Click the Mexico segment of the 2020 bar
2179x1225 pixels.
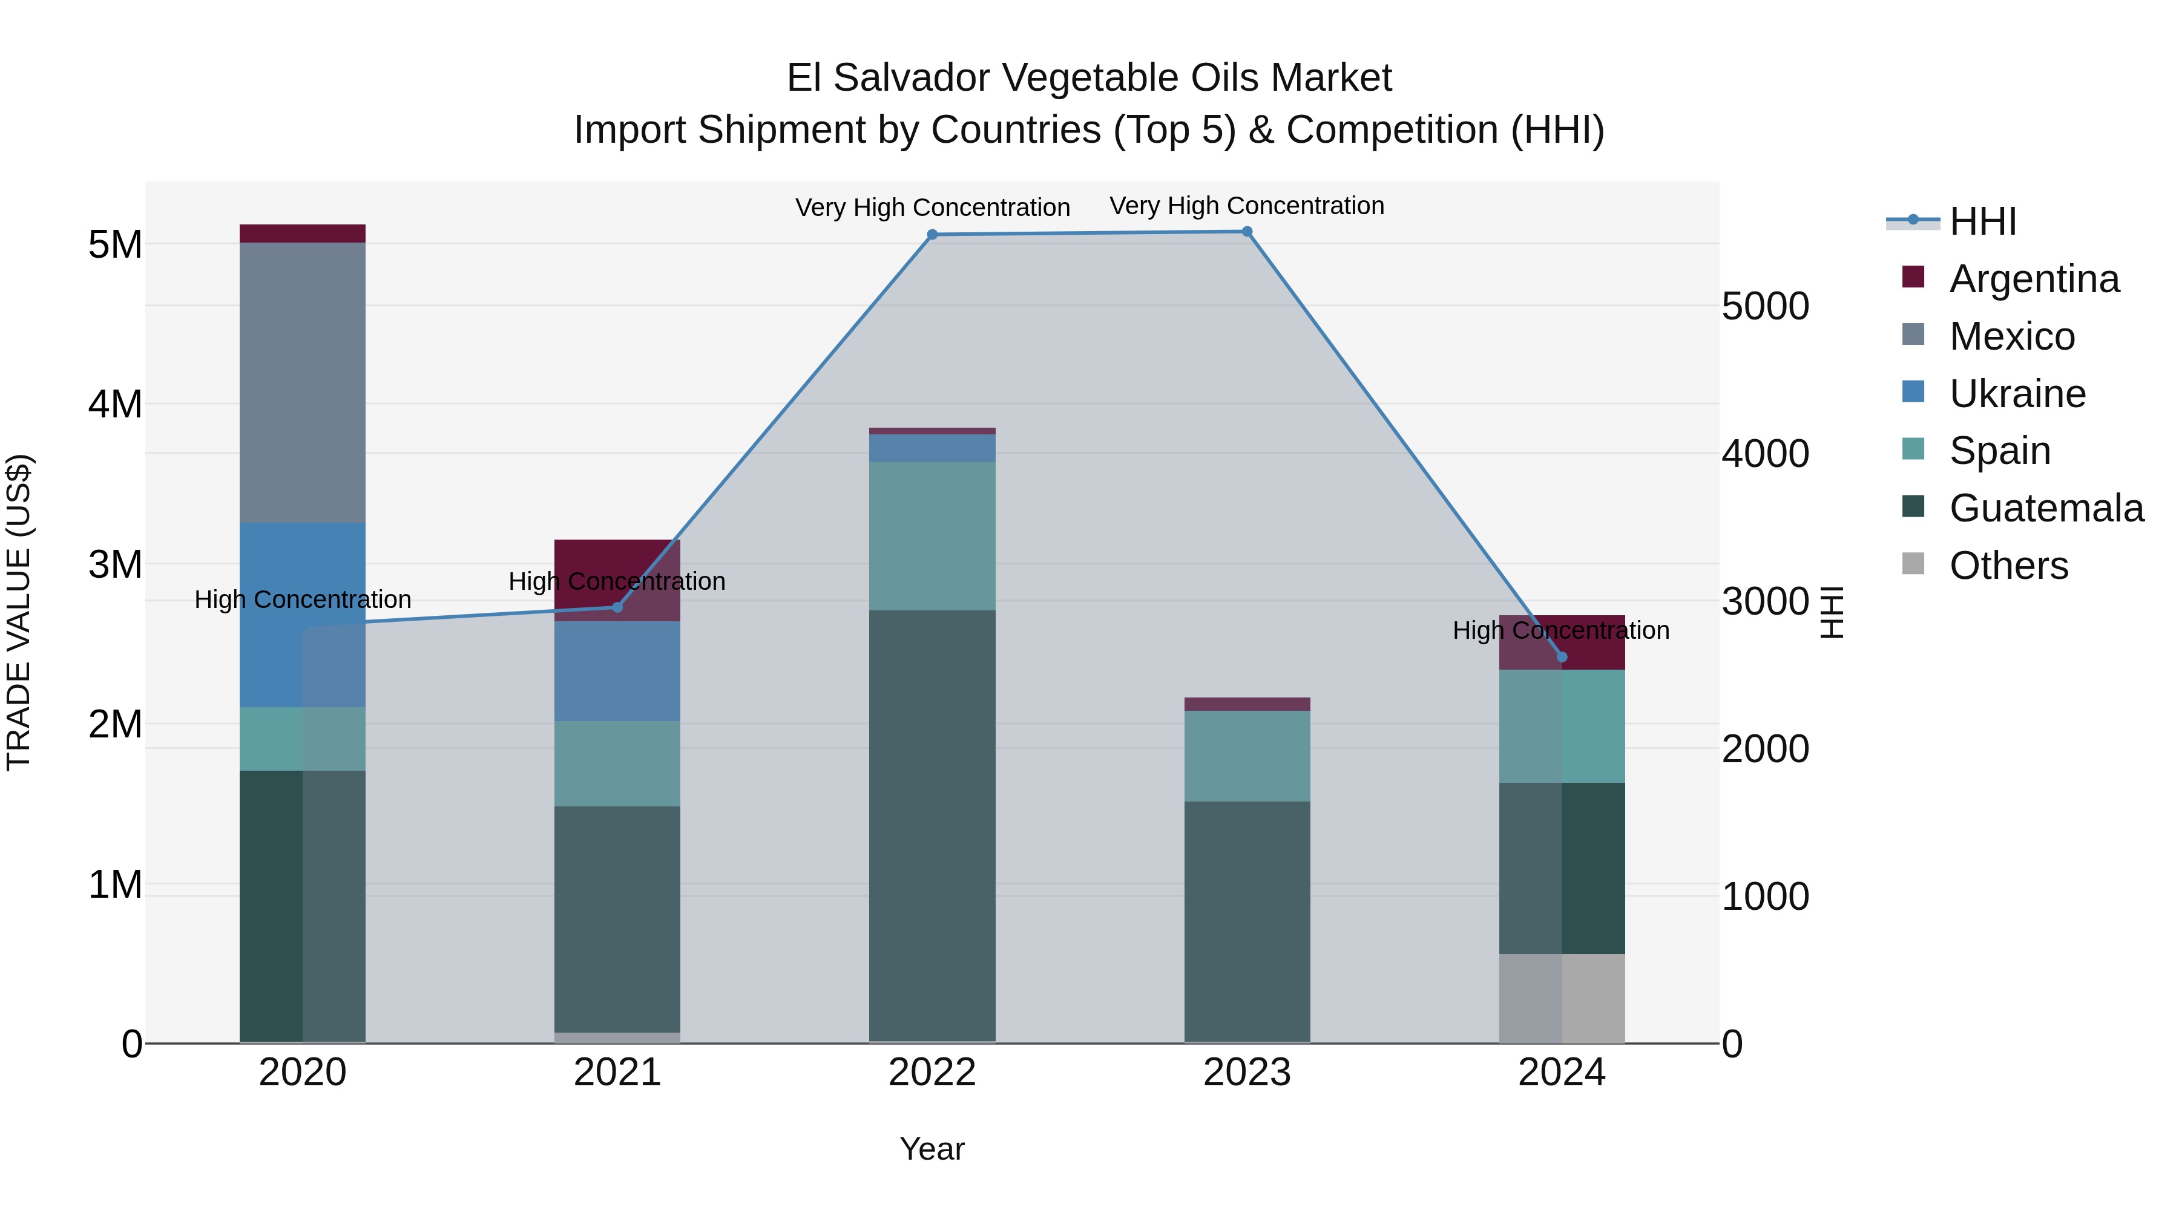point(302,382)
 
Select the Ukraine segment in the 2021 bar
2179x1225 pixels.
point(617,671)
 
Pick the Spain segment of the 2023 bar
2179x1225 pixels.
point(1247,756)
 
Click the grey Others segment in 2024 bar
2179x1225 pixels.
point(1562,998)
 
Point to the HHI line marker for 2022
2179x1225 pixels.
point(932,235)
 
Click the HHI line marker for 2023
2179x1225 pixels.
point(1247,232)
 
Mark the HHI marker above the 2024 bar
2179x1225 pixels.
point(1562,657)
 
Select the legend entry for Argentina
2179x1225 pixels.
point(2034,279)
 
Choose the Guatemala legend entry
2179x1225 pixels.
point(2045,508)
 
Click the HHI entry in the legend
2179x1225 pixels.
point(1982,221)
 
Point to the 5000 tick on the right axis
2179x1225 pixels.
point(1766,306)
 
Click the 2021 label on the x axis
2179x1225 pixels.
point(617,1073)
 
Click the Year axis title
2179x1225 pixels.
point(932,1149)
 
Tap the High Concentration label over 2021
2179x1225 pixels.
point(617,581)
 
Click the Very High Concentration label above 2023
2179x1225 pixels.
point(1247,206)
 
